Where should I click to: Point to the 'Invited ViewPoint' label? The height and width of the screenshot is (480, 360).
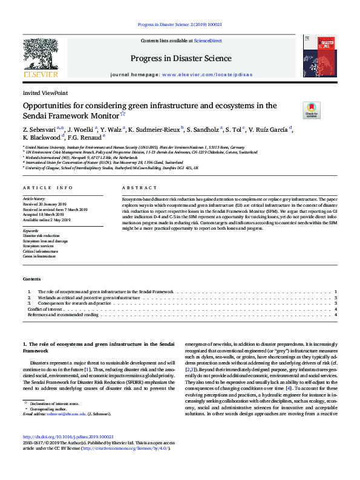[45, 93]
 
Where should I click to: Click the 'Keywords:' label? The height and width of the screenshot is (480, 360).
[31, 231]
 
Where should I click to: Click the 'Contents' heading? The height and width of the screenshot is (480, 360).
[31, 279]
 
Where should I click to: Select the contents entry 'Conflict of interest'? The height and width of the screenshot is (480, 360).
[44, 309]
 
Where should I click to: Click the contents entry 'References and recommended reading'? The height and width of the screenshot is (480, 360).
[63, 315]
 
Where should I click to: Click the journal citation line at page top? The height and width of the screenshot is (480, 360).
[180, 25]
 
